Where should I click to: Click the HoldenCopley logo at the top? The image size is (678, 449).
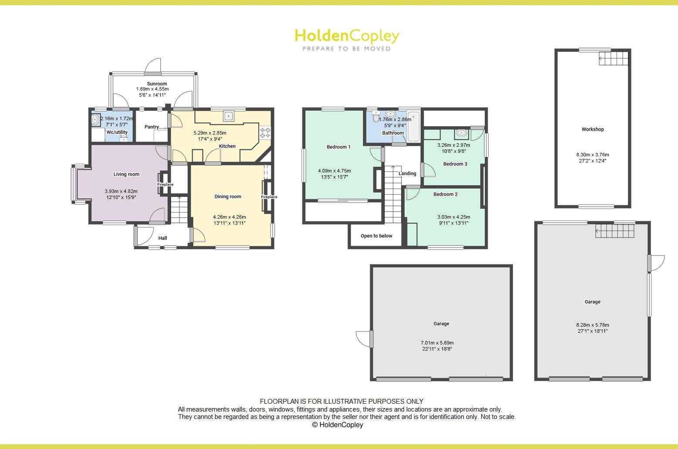346,39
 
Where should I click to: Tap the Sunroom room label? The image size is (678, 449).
157,84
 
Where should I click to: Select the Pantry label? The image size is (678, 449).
152,127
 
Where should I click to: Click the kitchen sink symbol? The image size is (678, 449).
229,116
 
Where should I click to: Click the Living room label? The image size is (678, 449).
126,174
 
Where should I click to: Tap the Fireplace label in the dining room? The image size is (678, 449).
269,197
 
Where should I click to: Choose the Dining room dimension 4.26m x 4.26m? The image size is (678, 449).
229,217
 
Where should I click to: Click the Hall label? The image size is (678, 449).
162,238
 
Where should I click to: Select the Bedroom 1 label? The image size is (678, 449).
338,147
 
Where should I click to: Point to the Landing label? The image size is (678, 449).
407,173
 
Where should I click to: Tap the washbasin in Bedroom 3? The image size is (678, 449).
461,133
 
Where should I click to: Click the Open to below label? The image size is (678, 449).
376,236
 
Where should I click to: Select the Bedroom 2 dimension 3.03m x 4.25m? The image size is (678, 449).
453,217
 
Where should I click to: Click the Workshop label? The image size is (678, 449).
593,129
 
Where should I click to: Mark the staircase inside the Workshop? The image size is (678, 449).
614,58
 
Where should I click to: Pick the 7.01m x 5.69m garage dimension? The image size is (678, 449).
437,343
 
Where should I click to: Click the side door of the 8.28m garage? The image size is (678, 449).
656,263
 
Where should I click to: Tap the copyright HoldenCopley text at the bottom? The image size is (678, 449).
337,425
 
